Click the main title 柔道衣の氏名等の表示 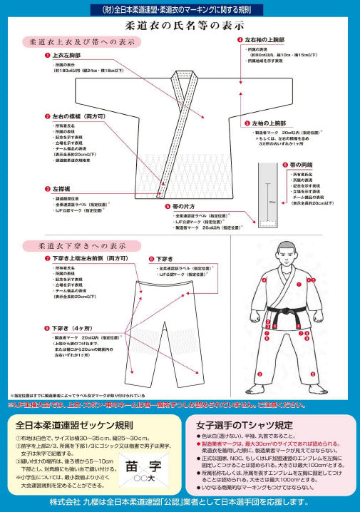click(180, 25)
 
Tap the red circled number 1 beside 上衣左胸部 click(47, 54)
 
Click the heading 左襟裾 click(63, 189)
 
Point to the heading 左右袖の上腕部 click(269, 40)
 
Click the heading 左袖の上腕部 click(273, 122)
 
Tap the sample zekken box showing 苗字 click(143, 470)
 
